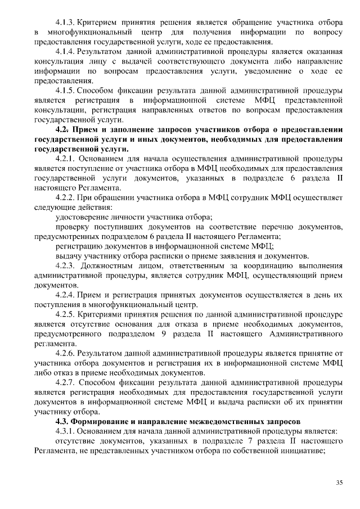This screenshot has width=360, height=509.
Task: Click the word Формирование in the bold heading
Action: [x=102, y=421]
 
